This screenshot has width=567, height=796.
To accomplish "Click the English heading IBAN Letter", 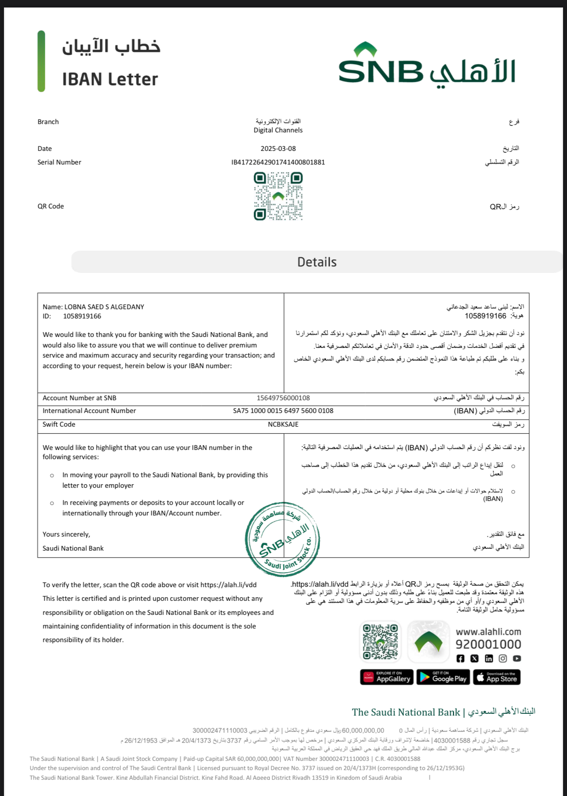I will click(110, 79).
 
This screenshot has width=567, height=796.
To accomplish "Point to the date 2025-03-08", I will click(278, 149).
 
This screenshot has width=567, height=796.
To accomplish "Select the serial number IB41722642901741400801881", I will click(278, 162).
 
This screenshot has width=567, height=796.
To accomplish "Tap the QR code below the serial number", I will click(278, 196).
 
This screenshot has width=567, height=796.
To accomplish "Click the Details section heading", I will click(317, 262).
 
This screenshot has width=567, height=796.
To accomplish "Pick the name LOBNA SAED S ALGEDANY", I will click(104, 307).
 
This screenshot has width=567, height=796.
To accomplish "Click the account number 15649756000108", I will click(283, 398).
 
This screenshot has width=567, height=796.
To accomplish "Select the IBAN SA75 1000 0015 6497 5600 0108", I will click(283, 411).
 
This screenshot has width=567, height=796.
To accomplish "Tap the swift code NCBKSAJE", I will click(283, 424).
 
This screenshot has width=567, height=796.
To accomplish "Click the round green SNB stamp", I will click(283, 539).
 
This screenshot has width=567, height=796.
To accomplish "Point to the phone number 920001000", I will click(488, 644).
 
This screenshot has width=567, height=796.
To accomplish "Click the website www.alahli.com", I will click(488, 632).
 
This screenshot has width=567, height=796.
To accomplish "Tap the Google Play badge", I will click(443, 677).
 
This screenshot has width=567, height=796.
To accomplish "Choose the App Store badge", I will click(497, 677).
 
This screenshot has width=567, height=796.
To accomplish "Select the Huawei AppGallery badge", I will click(387, 677).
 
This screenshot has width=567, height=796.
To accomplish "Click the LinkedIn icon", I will click(489, 658).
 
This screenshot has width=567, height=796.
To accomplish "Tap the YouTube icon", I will click(517, 658).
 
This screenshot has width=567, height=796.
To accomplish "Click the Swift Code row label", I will click(59, 424).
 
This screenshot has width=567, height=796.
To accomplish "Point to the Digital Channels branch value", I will click(278, 130).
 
